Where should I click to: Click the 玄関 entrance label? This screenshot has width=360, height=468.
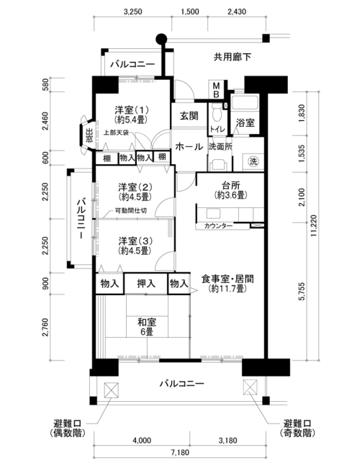tap(189, 116)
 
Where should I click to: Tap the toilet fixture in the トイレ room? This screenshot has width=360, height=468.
tap(216, 113)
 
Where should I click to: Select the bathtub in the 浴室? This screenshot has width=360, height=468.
tap(245, 103)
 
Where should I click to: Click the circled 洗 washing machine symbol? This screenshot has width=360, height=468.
tap(253, 161)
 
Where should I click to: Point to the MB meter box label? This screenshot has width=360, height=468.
tap(216, 90)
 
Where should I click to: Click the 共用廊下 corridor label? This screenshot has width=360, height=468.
tap(233, 57)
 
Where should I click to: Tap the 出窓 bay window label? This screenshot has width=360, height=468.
tap(89, 135)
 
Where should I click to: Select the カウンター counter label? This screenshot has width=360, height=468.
tap(218, 226)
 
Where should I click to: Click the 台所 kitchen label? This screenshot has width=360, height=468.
tap(230, 185)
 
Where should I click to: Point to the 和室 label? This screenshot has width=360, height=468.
tap(147, 323)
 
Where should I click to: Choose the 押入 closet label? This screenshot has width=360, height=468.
tap(146, 283)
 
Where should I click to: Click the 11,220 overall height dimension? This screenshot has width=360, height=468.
tap(313, 226)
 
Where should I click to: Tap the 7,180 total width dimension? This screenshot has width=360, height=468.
tap(180, 453)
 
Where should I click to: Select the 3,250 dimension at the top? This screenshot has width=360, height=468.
tap(132, 12)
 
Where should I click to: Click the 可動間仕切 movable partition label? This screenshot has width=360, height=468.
tap(131, 211)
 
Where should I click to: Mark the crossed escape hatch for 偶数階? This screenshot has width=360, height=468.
tap(112, 390)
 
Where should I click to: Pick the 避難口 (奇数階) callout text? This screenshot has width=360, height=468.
tap(297, 428)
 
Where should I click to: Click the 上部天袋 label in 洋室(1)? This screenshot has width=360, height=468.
tap(116, 132)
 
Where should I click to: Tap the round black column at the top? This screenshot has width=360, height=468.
tap(161, 38)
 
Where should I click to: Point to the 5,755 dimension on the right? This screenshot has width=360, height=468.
tap(302, 292)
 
